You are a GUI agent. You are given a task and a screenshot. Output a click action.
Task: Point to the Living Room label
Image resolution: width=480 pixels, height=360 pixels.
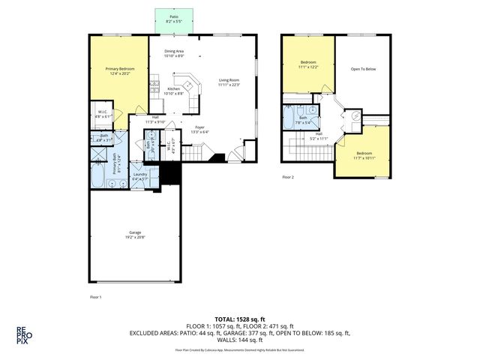(x=229, y=79)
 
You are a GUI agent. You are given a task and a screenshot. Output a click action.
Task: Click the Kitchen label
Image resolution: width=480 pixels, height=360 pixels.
(x=174, y=88)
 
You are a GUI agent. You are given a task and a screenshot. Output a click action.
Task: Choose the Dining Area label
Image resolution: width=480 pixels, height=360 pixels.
(x=175, y=51)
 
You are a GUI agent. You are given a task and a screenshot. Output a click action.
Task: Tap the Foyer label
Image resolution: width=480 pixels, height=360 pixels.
(x=199, y=127)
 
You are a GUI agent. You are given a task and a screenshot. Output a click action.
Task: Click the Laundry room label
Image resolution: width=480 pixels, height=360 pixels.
(x=140, y=175)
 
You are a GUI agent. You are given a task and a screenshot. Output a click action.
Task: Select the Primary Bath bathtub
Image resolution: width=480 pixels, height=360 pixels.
(x=98, y=178)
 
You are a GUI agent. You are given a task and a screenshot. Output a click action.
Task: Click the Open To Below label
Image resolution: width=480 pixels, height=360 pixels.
(x=362, y=68)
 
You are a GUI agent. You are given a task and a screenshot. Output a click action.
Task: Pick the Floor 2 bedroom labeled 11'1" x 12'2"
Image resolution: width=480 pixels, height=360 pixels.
(x=308, y=64)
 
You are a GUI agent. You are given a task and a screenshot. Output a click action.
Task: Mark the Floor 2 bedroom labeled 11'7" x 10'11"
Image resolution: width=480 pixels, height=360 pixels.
(x=363, y=155)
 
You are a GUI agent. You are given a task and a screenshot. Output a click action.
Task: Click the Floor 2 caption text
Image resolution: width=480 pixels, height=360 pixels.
(x=288, y=178)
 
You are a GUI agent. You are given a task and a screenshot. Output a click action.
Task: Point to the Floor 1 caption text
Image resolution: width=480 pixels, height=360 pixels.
(x=94, y=298)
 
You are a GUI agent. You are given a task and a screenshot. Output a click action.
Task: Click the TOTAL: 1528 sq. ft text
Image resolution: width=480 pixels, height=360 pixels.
(x=240, y=318)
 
